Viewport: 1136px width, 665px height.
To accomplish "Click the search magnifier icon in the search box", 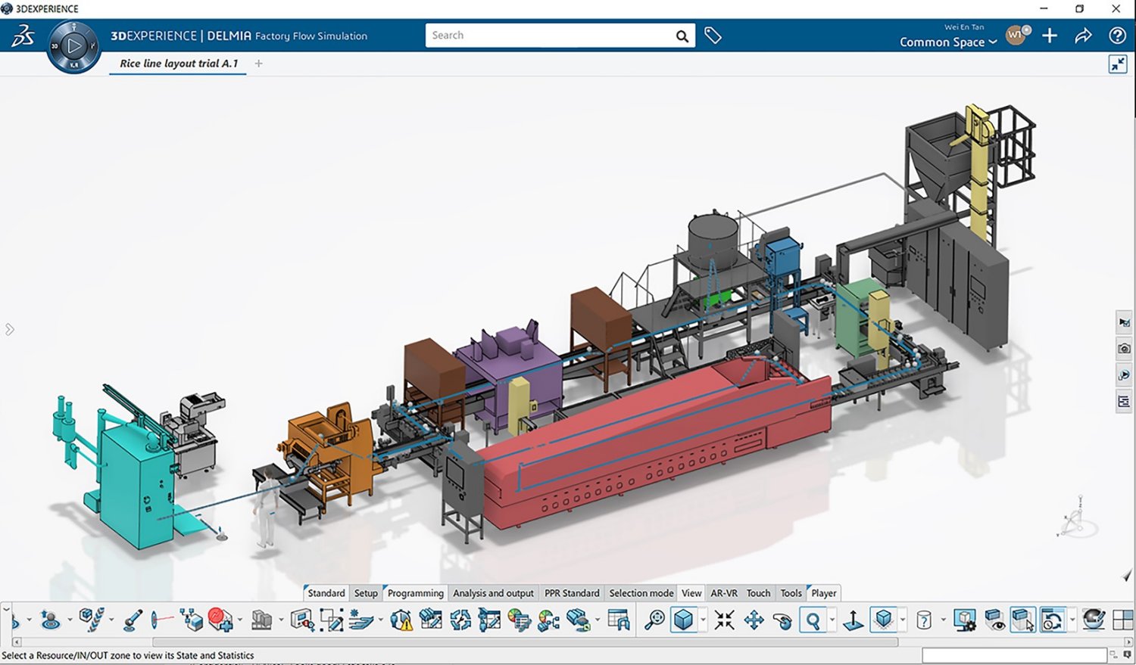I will point(682,36).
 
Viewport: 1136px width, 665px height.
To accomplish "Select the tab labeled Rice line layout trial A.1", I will point(179,64).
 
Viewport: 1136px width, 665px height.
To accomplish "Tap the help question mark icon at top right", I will point(1116,36).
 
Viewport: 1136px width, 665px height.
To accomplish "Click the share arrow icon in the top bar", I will point(1083,36).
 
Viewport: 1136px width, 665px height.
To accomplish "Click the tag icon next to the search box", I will point(713,36).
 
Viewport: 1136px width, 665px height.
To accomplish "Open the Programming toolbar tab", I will point(415,593).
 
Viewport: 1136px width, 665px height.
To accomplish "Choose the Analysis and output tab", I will point(493,593).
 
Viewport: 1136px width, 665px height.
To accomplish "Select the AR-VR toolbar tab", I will point(723,593).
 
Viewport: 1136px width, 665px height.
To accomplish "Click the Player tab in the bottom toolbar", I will point(823,593).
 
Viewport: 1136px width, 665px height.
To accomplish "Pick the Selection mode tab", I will point(641,593).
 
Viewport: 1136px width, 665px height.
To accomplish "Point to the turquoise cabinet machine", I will point(129,484).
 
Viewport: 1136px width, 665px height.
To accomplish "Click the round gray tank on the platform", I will point(712,238).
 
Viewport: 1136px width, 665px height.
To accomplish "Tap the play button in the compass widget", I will point(74,46).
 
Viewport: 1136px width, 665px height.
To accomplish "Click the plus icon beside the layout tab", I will point(259,64).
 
